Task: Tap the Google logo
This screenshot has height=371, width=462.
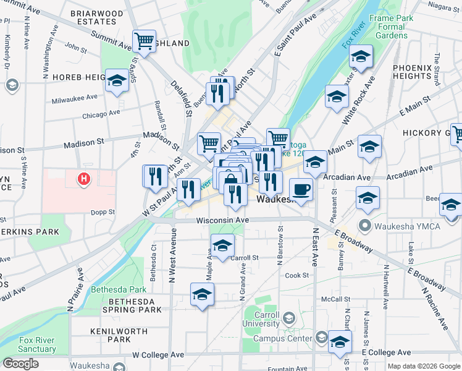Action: pos(20,364)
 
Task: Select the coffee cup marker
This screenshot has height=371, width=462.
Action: pos(301,189)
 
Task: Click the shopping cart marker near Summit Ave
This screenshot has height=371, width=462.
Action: pos(144,41)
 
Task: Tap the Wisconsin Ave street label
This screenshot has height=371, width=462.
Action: pos(222,221)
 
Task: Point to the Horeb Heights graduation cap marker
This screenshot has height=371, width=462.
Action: pos(115,81)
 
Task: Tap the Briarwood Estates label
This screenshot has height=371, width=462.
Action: pos(96,17)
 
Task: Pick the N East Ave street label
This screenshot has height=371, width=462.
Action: pos(314,246)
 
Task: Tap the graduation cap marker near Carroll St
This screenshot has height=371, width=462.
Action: pos(222,245)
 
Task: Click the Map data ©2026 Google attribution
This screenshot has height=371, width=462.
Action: pos(424,366)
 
